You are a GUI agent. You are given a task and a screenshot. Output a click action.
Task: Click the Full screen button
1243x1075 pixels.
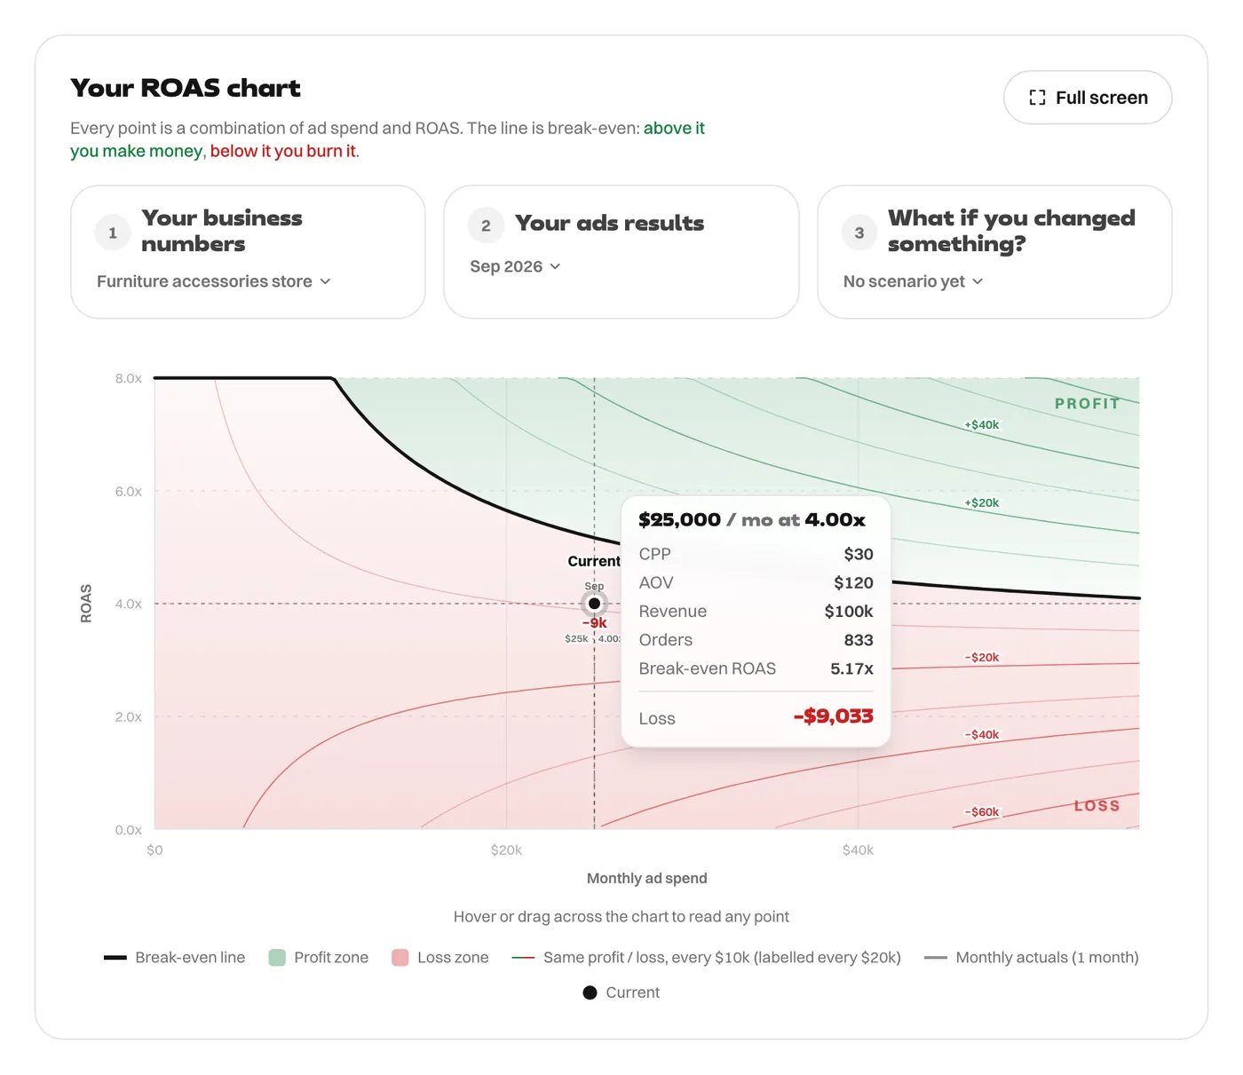click(x=1087, y=98)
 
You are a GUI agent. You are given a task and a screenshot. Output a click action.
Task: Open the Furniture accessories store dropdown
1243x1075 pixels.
click(x=213, y=281)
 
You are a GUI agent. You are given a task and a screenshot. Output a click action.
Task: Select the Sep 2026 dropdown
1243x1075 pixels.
click(x=515, y=266)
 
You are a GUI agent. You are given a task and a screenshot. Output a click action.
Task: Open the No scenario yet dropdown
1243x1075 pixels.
click(x=913, y=281)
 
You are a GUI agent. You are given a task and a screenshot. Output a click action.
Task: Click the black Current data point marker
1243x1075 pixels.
click(x=594, y=603)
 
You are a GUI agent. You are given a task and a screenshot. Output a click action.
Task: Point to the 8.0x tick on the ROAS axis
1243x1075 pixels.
click(x=128, y=378)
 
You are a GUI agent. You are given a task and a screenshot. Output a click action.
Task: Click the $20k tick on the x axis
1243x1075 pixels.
click(x=506, y=850)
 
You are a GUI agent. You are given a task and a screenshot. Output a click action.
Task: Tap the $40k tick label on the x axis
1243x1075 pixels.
click(x=858, y=850)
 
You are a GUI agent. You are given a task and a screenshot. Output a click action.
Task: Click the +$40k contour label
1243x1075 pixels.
click(x=981, y=424)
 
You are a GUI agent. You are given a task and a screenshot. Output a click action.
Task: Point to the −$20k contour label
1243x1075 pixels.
click(x=981, y=657)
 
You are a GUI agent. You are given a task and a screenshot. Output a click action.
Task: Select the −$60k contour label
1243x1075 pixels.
click(x=981, y=811)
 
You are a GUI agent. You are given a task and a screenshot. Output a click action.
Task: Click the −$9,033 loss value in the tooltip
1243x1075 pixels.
click(x=833, y=716)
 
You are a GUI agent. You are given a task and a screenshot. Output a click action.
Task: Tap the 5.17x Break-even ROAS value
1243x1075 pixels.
click(x=851, y=668)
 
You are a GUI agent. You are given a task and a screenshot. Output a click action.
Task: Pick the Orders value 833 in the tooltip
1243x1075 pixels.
click(x=859, y=640)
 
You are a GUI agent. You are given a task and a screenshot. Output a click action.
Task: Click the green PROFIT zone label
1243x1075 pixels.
click(x=1087, y=403)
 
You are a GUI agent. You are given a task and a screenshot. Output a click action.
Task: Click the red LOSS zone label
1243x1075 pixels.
click(x=1097, y=806)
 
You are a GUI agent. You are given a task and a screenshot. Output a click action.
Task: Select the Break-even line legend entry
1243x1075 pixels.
click(x=174, y=957)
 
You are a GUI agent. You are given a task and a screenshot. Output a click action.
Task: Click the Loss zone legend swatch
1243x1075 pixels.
click(x=400, y=957)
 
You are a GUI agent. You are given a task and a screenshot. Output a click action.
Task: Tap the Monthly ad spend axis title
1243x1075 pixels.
click(x=646, y=879)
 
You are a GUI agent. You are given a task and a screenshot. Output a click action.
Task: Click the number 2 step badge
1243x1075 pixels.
click(x=486, y=225)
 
